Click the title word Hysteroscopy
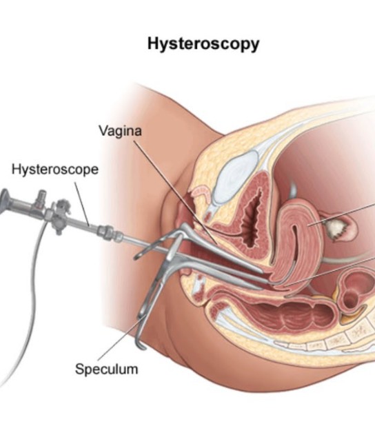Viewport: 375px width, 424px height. click(x=203, y=44)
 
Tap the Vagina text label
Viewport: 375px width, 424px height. click(x=120, y=131)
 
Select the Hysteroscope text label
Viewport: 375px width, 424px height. click(x=55, y=170)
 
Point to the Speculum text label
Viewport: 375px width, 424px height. click(x=106, y=369)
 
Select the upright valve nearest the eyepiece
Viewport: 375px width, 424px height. click(x=41, y=199)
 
